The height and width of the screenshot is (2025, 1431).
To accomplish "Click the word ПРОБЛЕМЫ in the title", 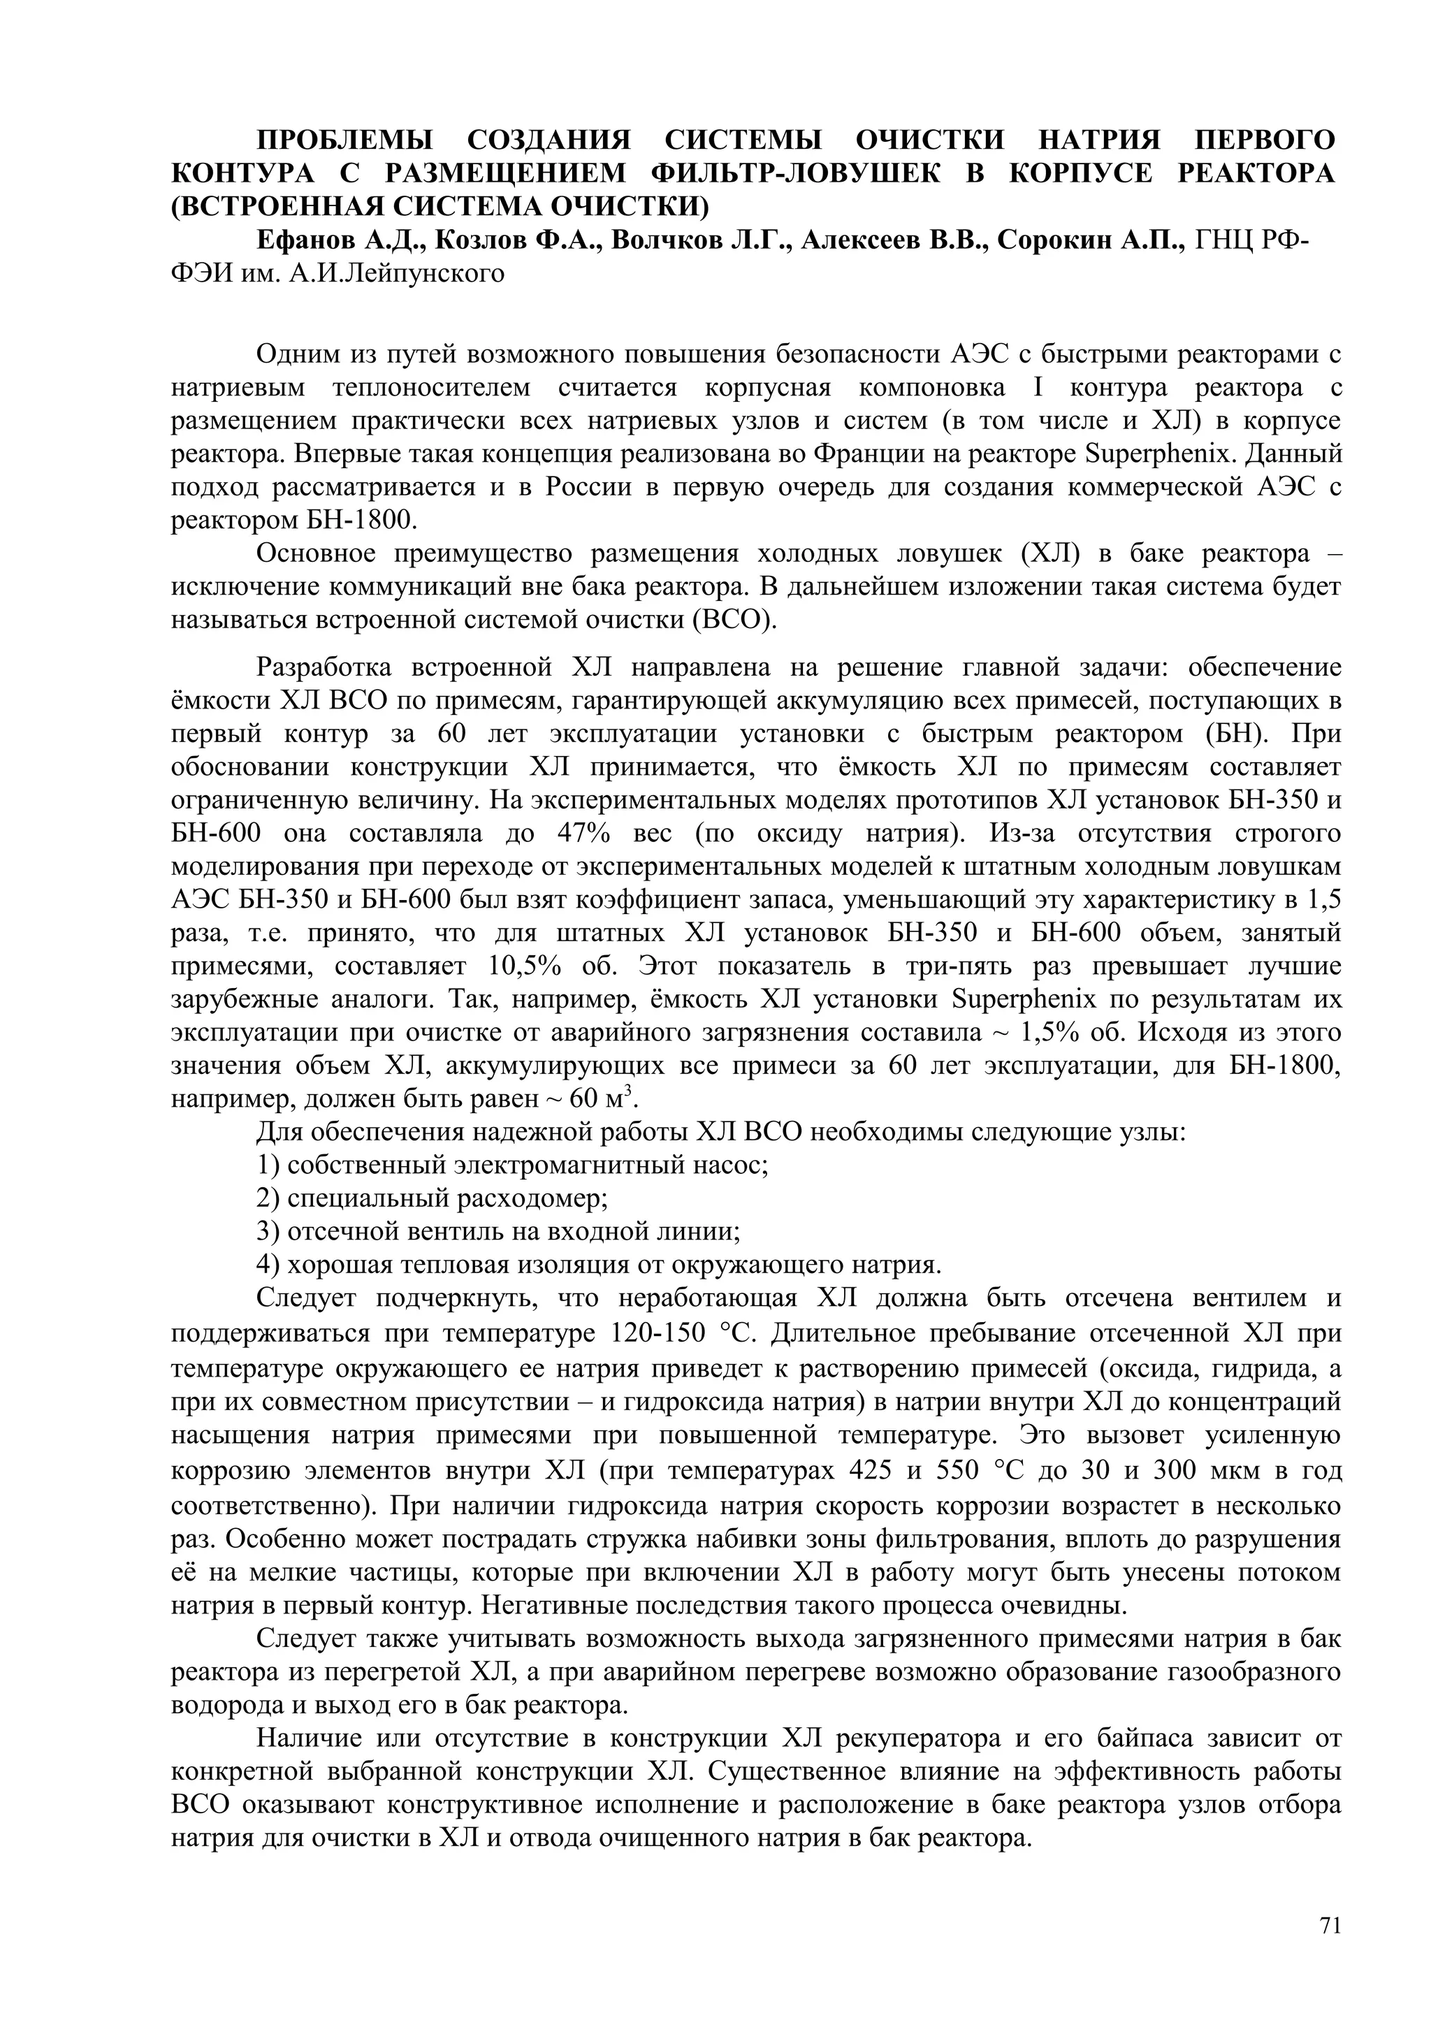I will click(344, 141).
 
